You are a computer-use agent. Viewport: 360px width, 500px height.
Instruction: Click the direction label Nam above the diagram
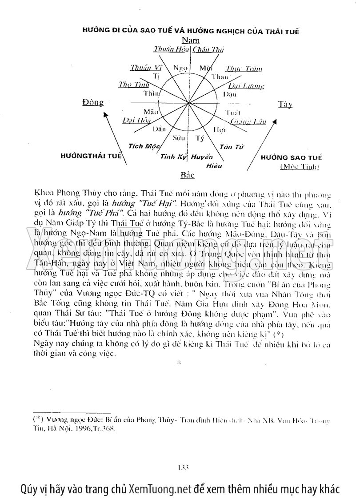point(191,40)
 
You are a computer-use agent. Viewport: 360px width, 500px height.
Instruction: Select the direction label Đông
point(93,103)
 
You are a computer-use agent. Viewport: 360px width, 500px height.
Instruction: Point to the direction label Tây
point(285,105)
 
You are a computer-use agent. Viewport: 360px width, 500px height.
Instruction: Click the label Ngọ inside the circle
point(180,68)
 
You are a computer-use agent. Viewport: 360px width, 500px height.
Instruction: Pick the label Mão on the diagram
point(148,111)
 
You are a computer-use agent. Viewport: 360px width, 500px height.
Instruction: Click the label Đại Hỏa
point(136,120)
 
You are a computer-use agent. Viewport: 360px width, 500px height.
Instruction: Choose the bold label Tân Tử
point(230,147)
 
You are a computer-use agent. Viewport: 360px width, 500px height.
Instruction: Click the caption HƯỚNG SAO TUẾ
point(291,157)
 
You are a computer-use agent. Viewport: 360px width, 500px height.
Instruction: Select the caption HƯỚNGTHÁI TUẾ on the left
point(91,156)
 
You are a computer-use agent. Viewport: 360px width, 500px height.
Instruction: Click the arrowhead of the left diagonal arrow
point(105,114)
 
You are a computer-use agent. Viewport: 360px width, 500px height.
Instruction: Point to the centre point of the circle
point(189,103)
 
